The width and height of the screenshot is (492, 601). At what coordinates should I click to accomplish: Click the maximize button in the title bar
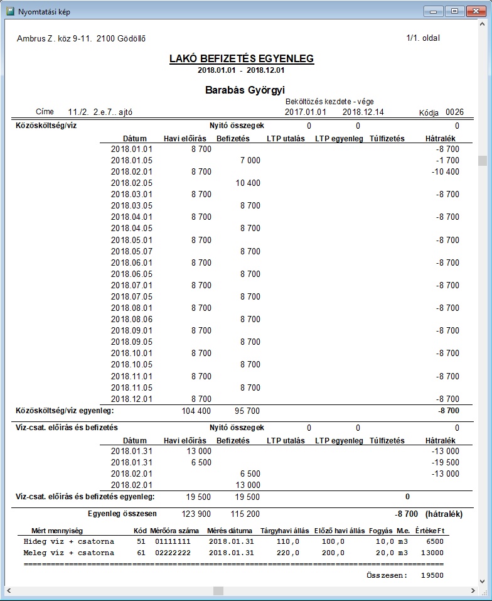coord(454,11)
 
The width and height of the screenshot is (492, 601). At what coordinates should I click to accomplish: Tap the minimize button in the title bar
coord(434,11)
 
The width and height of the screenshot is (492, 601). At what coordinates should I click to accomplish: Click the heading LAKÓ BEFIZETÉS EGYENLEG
coord(242,59)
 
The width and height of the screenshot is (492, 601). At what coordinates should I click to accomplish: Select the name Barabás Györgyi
coord(245,90)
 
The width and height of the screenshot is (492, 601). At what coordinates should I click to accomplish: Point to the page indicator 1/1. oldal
coord(423,38)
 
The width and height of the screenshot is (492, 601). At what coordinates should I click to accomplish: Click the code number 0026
coord(454,112)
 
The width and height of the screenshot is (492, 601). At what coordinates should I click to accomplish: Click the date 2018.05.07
coord(132,251)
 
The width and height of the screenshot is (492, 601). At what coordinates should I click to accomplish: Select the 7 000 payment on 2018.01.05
coord(250,160)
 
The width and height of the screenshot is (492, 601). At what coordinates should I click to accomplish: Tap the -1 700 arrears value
coord(449,160)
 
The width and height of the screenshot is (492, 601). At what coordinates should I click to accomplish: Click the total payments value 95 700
coord(248,411)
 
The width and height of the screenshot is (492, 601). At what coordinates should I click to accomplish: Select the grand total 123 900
coord(198,514)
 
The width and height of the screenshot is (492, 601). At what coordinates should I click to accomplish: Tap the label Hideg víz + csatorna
coord(69,541)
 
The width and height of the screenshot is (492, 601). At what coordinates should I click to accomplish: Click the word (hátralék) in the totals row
coord(444,514)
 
